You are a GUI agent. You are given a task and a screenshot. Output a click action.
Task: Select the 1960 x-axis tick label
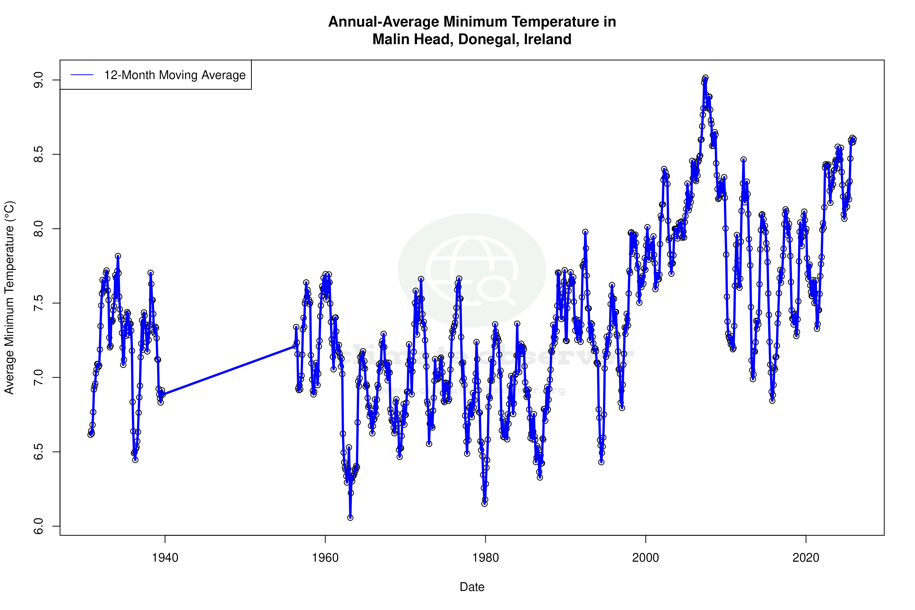tap(325, 558)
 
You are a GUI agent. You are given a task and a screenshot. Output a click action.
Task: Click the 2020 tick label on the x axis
tap(806, 558)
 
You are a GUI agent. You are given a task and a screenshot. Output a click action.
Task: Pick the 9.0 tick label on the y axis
tap(39, 80)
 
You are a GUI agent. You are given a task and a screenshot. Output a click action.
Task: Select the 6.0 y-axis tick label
tap(39, 526)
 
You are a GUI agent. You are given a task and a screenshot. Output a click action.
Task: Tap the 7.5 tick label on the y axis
tap(39, 303)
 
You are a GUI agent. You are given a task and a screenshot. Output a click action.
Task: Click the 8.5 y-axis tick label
tap(39, 154)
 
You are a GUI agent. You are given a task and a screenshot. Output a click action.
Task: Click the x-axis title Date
tap(472, 587)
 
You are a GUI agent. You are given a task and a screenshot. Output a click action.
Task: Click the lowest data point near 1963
tap(350, 518)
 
